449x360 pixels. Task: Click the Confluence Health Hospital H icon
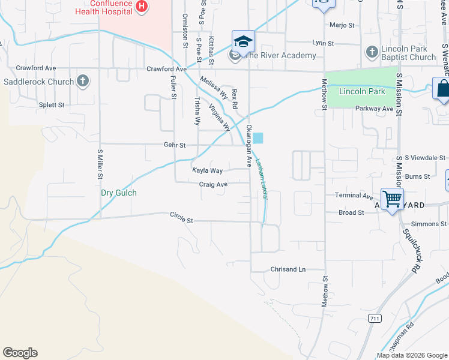[142, 7]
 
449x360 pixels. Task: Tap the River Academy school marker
[244, 41]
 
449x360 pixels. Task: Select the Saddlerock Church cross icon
[83, 81]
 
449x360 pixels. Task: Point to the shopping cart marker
[392, 198]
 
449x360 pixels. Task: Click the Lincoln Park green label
[361, 92]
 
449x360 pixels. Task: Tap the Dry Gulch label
[118, 193]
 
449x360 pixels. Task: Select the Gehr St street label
[175, 145]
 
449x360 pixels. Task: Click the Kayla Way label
[207, 171]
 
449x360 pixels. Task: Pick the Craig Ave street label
[213, 185]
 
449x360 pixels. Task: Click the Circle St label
[181, 217]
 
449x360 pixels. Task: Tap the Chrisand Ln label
[288, 269]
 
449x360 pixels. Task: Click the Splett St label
[52, 105]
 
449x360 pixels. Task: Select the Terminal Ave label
[354, 196]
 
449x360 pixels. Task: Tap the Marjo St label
[343, 25]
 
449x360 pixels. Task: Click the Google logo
[20, 353]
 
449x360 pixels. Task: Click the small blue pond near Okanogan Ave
[258, 138]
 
